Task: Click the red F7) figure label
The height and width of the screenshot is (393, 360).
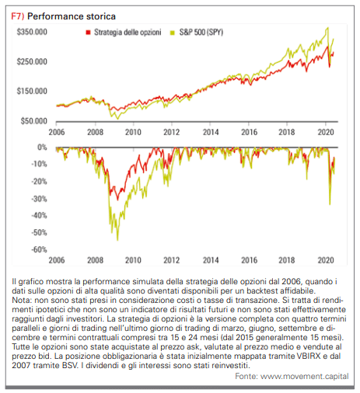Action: pos(18,16)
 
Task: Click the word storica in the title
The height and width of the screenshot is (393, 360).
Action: pos(100,16)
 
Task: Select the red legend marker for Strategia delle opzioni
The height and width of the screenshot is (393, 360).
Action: pos(88,33)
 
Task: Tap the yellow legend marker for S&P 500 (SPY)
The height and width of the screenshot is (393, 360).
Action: pos(173,33)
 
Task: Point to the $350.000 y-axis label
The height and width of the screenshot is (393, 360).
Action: pos(32,32)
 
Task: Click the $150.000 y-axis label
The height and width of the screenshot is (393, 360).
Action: pos(32,91)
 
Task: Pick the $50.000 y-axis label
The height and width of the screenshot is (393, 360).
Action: pos(34,121)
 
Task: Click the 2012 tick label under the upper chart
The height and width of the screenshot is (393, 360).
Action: pos(171,132)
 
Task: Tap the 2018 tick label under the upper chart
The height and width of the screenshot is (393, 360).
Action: pos(287,132)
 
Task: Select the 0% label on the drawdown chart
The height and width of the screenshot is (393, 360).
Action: pos(42,148)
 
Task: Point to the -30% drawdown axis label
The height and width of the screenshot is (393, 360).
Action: pos(40,199)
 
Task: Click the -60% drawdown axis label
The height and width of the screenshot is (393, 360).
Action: pos(40,249)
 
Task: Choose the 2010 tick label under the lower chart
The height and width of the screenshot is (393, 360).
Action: pos(133,260)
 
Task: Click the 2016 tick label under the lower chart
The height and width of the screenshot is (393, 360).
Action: pos(250,260)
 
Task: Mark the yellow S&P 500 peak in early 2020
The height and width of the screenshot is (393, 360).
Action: pos(328,28)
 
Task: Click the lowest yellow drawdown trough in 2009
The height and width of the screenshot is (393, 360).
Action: pos(117,240)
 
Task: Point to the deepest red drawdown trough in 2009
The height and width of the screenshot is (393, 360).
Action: pos(117,200)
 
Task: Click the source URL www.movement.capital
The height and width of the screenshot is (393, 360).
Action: pos(305,376)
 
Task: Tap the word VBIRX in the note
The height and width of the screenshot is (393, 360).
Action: pos(309,356)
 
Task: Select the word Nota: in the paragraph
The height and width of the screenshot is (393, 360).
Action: pos(22,300)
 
